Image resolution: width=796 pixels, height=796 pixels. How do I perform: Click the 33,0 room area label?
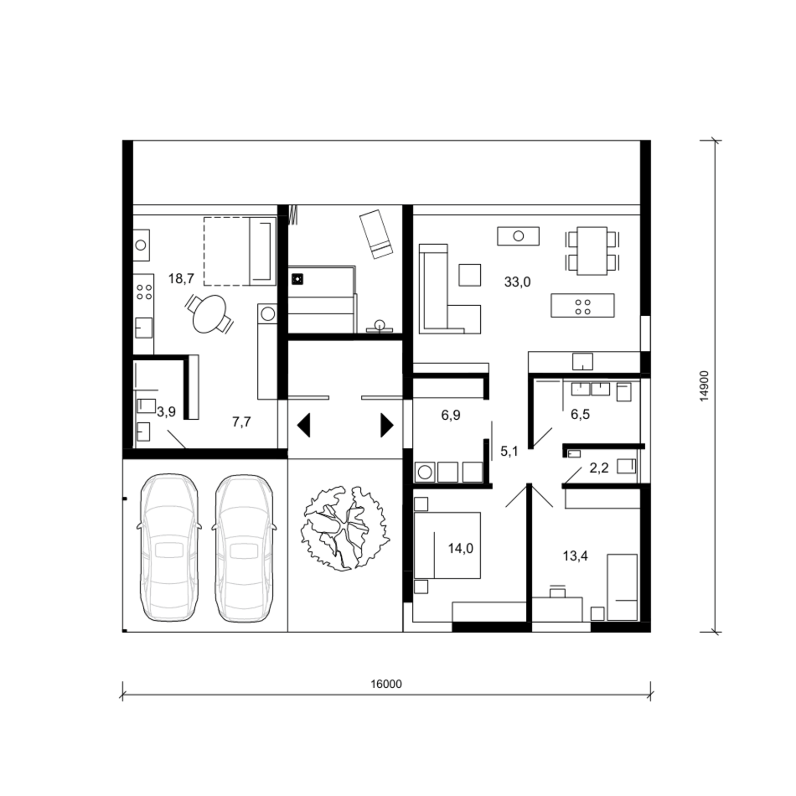click(517, 282)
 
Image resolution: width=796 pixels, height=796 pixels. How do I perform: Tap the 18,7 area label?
click(181, 278)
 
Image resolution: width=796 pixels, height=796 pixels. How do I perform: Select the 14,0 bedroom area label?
click(460, 548)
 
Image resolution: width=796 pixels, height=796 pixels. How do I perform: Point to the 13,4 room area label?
click(575, 556)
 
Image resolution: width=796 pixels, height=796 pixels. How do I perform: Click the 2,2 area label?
click(599, 468)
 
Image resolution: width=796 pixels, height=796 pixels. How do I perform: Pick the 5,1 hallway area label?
click(509, 452)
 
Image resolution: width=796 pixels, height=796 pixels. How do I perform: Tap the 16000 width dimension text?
click(386, 684)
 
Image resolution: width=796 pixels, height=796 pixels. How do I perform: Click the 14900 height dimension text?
click(704, 386)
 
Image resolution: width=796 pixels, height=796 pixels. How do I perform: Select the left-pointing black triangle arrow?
click(304, 426)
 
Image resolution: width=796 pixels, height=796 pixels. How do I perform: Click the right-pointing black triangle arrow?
click(387, 426)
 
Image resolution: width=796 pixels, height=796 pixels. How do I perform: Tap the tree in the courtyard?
click(345, 528)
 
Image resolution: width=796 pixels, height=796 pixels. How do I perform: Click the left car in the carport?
click(169, 548)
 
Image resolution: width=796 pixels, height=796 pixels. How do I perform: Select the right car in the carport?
click(244, 548)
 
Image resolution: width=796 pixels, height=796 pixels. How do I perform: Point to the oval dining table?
click(209, 314)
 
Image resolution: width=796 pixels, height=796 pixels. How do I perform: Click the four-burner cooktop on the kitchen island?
click(583, 306)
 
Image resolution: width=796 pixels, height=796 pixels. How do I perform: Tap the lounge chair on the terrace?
click(376, 234)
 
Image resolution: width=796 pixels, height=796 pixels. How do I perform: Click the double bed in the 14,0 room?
click(447, 545)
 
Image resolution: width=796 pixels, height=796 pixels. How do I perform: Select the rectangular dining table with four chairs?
click(592, 250)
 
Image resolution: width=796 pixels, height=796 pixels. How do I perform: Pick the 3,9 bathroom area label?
click(166, 412)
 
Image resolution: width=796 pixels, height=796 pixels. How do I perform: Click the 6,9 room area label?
click(451, 415)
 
